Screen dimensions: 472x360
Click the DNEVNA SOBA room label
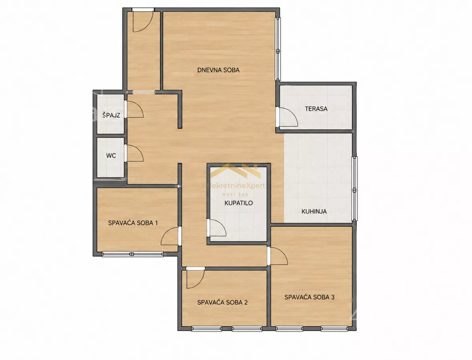[218, 70]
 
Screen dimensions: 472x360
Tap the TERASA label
[316, 109]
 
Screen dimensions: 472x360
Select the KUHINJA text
[314, 212]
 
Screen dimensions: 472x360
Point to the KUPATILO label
[239, 203]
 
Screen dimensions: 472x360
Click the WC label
[111, 156]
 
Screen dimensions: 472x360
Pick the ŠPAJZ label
[111, 115]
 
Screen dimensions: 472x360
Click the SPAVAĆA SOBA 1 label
[133, 223]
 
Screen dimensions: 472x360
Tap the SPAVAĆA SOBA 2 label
[222, 302]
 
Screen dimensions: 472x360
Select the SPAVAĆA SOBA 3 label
[309, 297]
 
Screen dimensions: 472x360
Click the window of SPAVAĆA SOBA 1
[133, 254]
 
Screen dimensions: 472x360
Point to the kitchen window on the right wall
[355, 189]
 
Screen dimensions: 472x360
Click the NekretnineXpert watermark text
[235, 186]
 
